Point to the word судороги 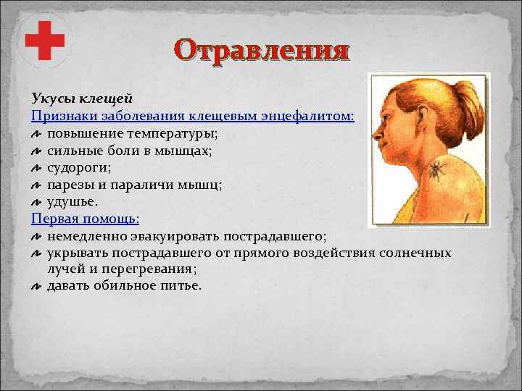pyautogui.click(x=79, y=167)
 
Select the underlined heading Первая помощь pyautogui.click(x=85, y=219)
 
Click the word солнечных pyautogui.click(x=417, y=253)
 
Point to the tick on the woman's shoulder pyautogui.click(x=436, y=169)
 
